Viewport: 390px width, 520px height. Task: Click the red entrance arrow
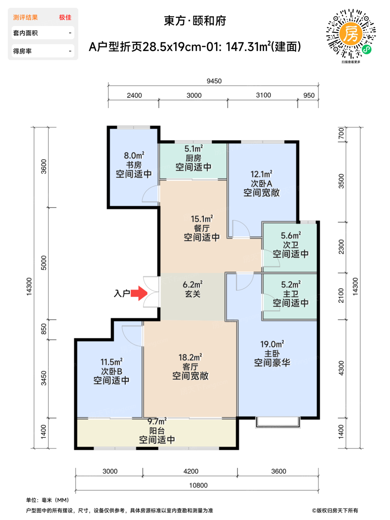[x=139, y=293]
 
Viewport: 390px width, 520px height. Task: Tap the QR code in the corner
[x=351, y=34]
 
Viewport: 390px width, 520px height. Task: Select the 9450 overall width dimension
[x=214, y=81]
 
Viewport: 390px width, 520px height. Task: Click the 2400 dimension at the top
[x=134, y=95]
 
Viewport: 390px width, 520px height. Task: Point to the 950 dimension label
[x=309, y=95]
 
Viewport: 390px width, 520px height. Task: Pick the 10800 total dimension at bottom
[x=199, y=485]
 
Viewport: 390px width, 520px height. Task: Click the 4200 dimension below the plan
[x=191, y=471]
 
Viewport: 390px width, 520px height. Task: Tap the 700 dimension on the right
[x=341, y=134]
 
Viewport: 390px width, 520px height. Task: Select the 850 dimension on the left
[x=44, y=329]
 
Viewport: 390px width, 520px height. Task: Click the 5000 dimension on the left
[x=44, y=263]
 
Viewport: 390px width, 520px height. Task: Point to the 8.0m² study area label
[x=134, y=155]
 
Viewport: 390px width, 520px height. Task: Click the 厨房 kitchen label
[x=193, y=158]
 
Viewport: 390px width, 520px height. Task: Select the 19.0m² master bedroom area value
[x=272, y=344]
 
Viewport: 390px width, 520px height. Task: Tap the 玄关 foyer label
[x=193, y=294]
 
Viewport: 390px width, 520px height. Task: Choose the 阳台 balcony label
[x=157, y=431]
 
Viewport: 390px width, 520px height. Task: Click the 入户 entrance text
[x=122, y=293]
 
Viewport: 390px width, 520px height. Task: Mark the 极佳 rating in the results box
[x=65, y=17]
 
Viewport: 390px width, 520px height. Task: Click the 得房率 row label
[x=22, y=51]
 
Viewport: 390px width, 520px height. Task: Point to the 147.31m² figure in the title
[x=248, y=46]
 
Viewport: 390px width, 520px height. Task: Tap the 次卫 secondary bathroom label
[x=291, y=245]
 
